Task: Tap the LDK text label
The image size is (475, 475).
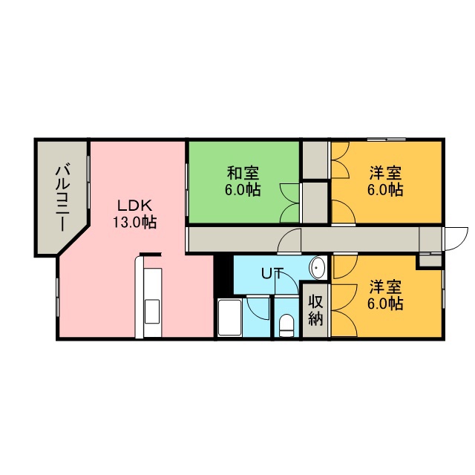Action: pos(134,206)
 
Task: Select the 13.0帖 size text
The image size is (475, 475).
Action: pos(134,223)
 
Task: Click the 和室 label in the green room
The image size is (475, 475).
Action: pos(243,174)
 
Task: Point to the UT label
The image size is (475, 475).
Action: pos(272,274)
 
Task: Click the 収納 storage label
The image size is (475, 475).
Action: pos(315,310)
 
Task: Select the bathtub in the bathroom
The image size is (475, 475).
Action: pos(229,318)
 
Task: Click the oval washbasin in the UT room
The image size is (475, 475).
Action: pos(317,268)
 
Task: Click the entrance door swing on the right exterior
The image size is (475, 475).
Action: pos(456,239)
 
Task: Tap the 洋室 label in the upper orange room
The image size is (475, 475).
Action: pos(385,174)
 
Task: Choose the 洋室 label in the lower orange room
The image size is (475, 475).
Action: pos(385,287)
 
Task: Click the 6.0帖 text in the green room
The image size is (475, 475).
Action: pos(243,190)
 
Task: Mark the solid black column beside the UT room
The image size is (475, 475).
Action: pos(223,275)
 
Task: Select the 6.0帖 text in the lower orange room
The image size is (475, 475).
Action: pos(385,304)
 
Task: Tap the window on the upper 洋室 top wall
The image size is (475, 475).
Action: pos(387,140)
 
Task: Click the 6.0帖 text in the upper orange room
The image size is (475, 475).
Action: pos(385,190)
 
